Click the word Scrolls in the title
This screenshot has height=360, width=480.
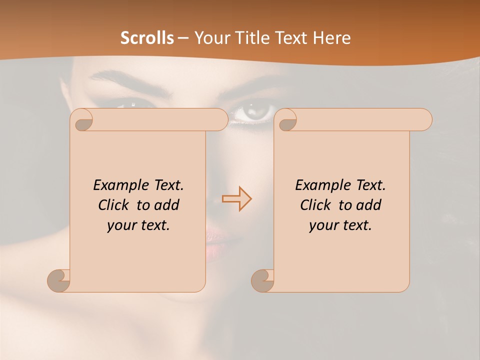point(147,38)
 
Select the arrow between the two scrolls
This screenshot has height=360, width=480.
point(236,198)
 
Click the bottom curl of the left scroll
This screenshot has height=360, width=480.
point(59,280)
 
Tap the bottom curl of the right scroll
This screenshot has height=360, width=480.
point(263,280)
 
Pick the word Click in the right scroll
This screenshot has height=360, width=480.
point(316,205)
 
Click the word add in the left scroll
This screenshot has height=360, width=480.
point(167,205)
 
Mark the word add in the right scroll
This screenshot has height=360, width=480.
point(369,205)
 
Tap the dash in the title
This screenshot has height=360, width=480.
point(182,38)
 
